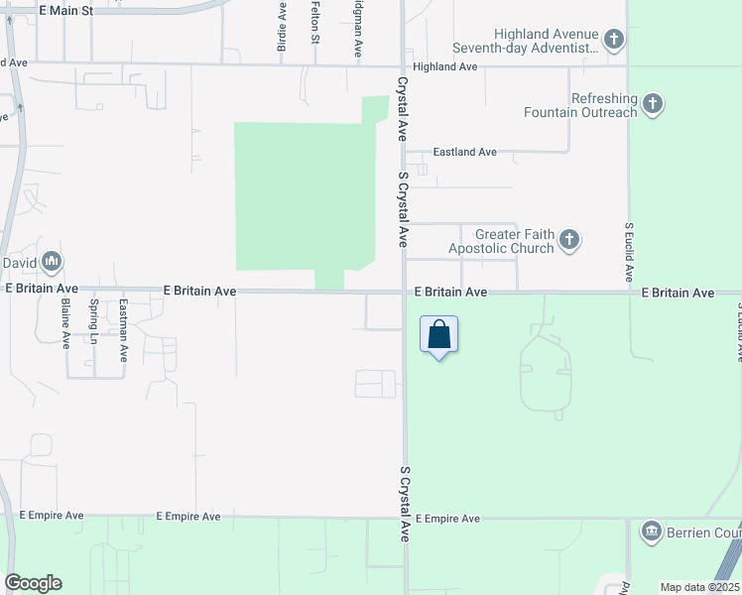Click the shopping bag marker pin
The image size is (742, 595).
439,335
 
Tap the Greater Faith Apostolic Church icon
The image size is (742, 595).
569,239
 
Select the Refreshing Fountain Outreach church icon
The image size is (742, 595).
652,103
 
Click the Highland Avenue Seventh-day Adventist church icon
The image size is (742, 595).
614,41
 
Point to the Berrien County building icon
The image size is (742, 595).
652,532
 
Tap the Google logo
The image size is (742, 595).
33,583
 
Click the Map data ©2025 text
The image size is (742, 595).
699,587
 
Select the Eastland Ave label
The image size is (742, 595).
465,152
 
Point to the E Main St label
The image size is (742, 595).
65,10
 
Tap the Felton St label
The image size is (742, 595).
315,22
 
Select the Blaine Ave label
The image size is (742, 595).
65,323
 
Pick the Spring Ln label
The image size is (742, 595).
94,322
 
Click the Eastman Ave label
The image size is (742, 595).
123,329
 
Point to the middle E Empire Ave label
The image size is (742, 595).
188,517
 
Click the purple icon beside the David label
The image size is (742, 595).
53,262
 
